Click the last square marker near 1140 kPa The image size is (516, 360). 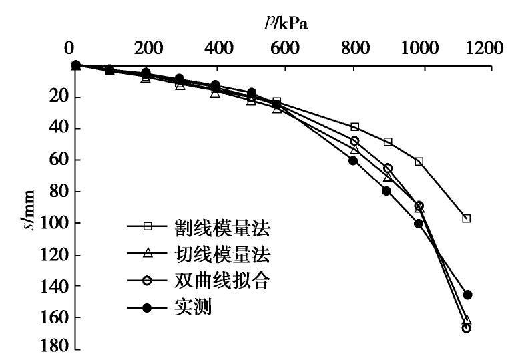click(466, 218)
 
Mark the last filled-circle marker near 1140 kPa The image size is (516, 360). click(467, 295)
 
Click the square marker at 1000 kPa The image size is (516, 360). click(419, 162)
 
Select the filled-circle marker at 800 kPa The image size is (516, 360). click(353, 160)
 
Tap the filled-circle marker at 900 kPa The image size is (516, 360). click(386, 191)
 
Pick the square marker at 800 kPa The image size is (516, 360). click(354, 127)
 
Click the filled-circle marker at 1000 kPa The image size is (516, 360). click(419, 224)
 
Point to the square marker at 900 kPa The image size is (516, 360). click(388, 142)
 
